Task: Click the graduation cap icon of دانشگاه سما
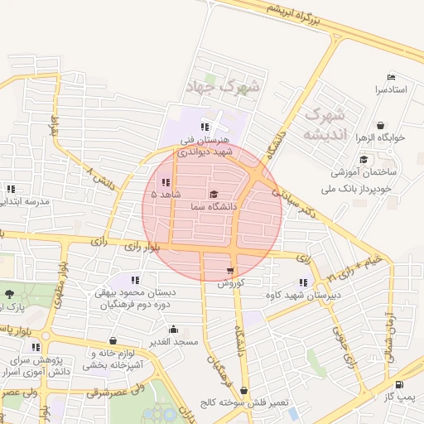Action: click(x=214, y=194)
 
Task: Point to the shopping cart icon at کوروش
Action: click(x=229, y=270)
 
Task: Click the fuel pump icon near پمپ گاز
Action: click(x=400, y=384)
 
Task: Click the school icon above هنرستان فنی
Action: click(x=204, y=127)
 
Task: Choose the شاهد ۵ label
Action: click(x=166, y=194)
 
